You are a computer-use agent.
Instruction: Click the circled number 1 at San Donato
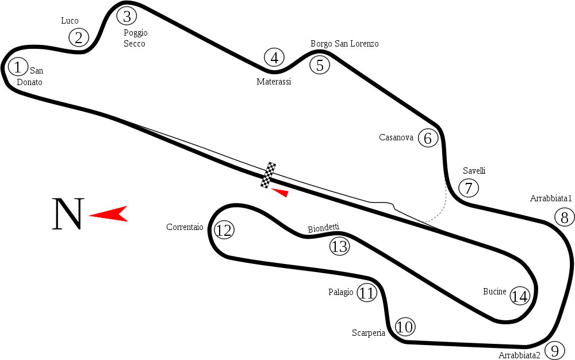pos(18,67)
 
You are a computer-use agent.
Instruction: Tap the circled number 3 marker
pos(126,15)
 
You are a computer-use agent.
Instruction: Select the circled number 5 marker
pos(320,65)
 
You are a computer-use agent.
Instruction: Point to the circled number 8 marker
pos(565,217)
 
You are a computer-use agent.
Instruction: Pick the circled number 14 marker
pos(520,296)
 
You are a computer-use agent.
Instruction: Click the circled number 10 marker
pos(405,327)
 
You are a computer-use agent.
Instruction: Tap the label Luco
pos(70,21)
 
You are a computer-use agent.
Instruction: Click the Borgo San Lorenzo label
pos(344,44)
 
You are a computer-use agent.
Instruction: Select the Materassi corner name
pos(274,82)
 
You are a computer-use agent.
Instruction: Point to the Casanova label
pos(396,137)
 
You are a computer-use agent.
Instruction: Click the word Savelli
pos(474,171)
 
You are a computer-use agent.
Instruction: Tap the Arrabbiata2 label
pos(519,355)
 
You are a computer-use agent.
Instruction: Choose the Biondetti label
pos(324,229)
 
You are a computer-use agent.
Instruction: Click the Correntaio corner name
pos(185,227)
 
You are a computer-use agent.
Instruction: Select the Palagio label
pos(341,292)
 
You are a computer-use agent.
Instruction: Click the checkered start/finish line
pos(269,175)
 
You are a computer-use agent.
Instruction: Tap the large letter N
pos(68,215)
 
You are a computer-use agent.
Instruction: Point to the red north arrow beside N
pos(109,213)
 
